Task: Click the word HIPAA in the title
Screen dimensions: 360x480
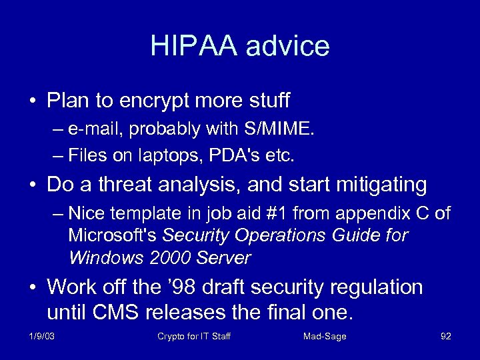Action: click(193, 46)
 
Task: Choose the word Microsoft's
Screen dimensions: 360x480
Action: click(113, 236)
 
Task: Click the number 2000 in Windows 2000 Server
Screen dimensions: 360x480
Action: click(159, 258)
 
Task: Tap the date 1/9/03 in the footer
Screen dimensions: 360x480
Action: click(43, 336)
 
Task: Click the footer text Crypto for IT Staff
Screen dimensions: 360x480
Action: click(193, 336)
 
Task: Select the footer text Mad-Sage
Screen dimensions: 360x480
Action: click(325, 336)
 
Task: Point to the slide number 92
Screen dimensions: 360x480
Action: click(446, 336)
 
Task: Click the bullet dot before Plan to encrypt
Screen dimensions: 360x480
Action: click(33, 102)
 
